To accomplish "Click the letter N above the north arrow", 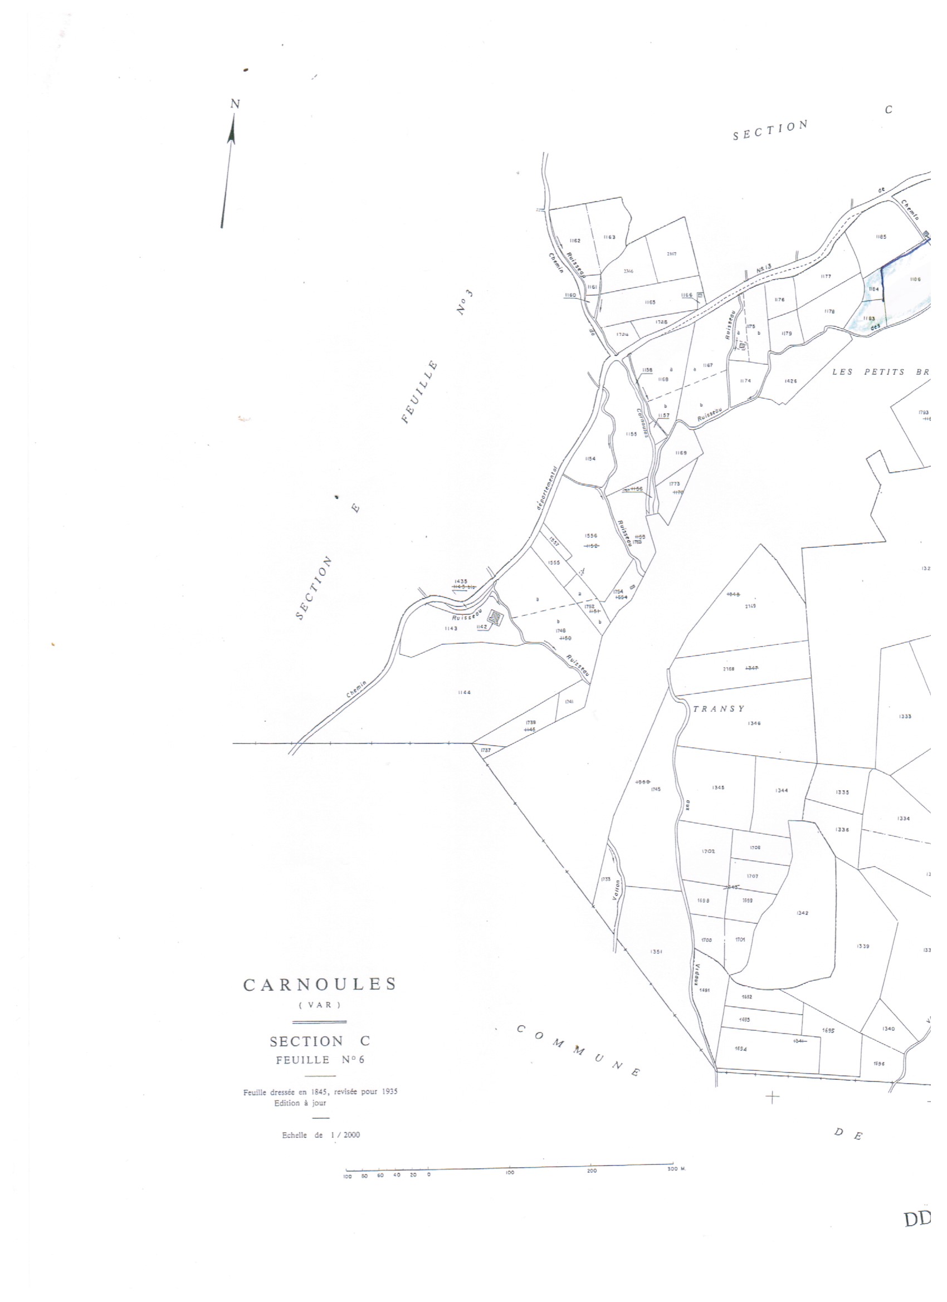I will point(235,104).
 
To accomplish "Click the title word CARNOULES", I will point(320,985).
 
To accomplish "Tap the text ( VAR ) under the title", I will point(320,1005).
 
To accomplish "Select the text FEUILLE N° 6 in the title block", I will point(320,1060).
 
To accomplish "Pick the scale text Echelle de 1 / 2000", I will point(321,1135).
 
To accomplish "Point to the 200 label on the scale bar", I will point(592,1171).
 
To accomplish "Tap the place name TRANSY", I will point(719,709).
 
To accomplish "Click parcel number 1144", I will point(464,693).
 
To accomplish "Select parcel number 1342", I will point(803,913).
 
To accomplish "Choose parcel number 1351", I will point(656,951).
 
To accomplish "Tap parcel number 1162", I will point(575,241).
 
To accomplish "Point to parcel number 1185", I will point(881,237).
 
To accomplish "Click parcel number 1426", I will point(791,380).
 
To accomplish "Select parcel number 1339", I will point(863,946).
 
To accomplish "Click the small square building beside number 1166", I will point(700,296).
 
